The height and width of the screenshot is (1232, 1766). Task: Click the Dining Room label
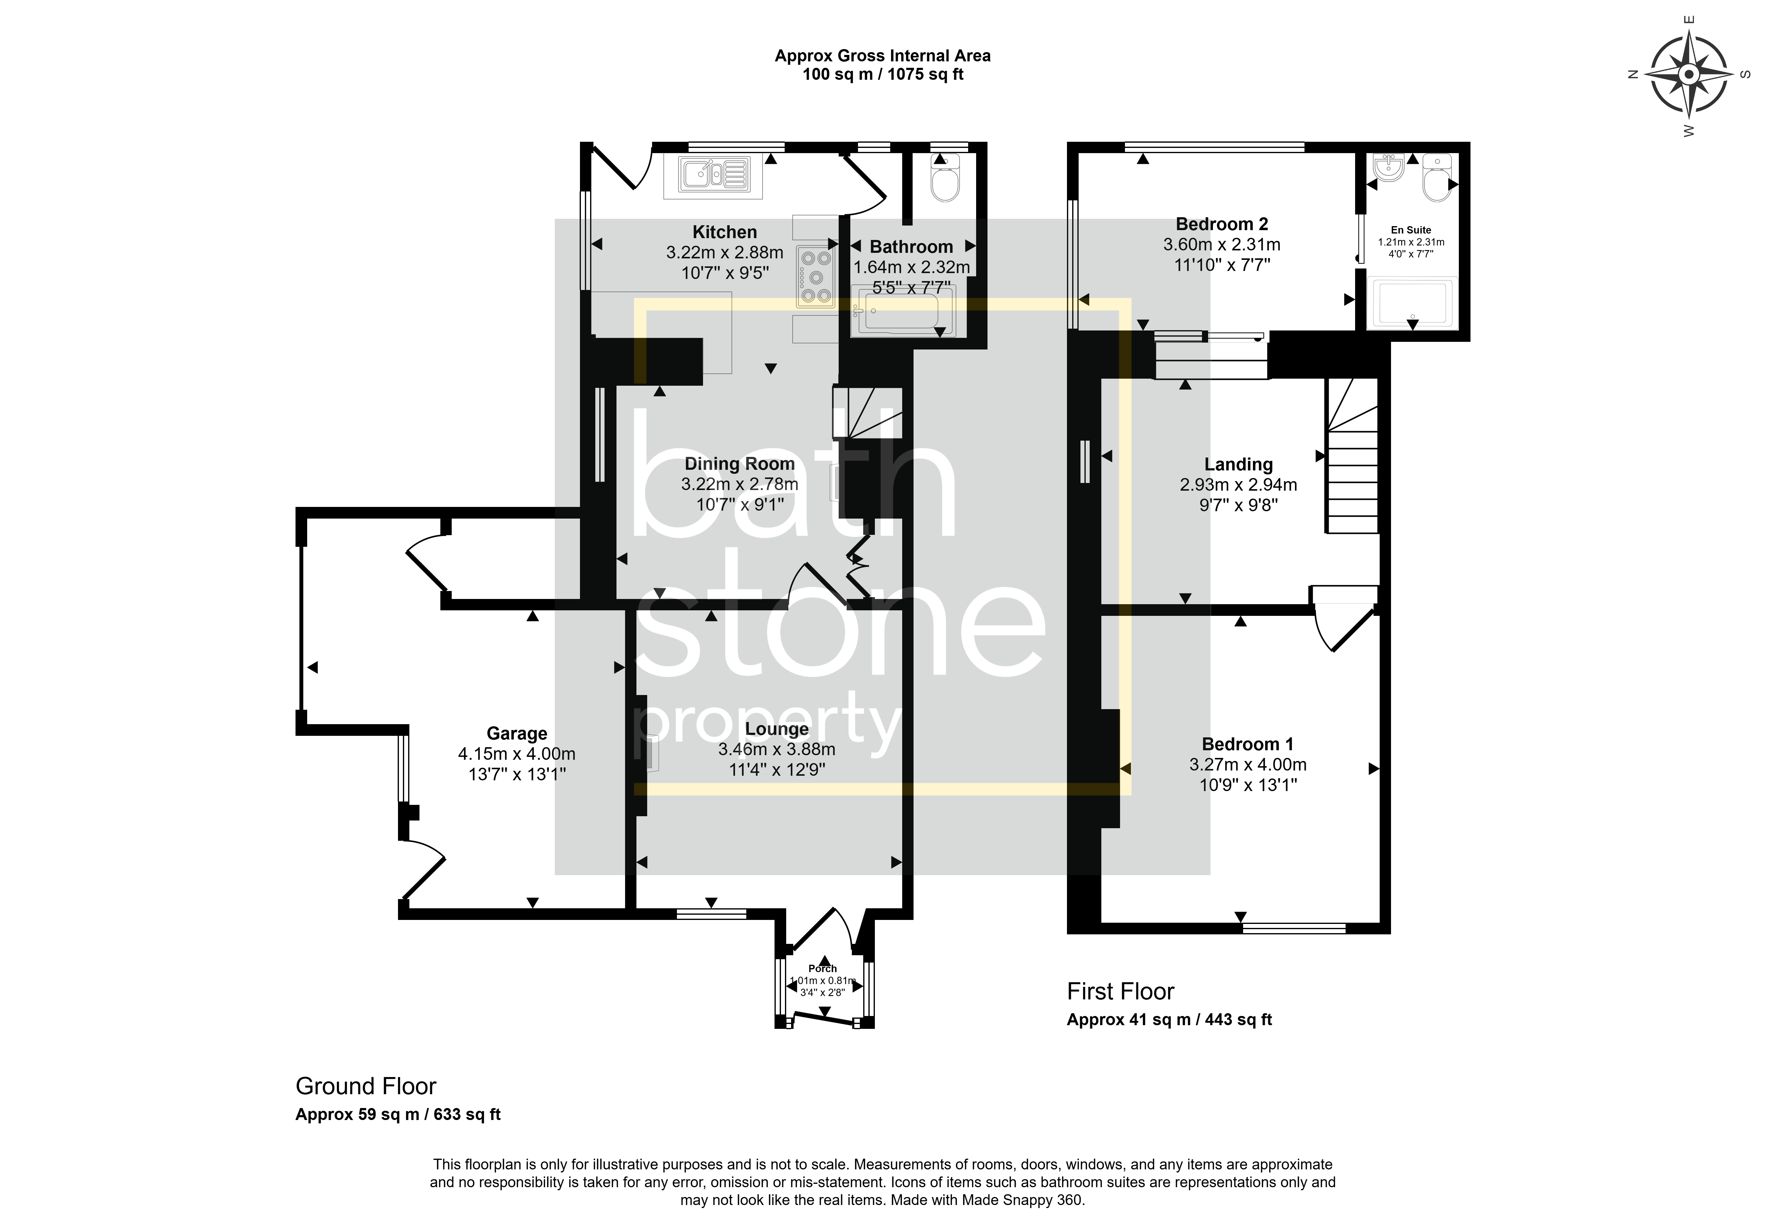tap(739, 464)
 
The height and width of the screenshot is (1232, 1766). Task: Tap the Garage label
tap(517, 734)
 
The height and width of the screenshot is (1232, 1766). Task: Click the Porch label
tap(822, 968)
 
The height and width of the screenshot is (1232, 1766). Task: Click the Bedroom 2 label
tap(1221, 225)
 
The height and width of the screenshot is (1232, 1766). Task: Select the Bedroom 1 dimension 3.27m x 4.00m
tap(1248, 764)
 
